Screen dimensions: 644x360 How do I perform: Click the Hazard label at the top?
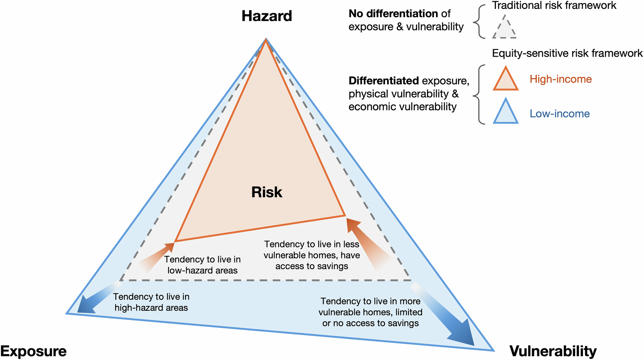pos(267,16)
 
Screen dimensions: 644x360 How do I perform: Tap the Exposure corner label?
pos(33,351)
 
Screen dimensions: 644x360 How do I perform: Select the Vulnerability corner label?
pos(553,351)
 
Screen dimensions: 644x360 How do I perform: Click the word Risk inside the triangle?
pos(267,192)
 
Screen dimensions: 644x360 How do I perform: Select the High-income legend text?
pos(560,79)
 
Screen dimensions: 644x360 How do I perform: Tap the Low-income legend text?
pos(559,114)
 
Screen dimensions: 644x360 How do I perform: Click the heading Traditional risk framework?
pos(554,6)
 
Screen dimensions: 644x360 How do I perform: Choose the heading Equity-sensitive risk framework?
pos(567,53)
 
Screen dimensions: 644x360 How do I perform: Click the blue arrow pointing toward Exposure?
pos(96,299)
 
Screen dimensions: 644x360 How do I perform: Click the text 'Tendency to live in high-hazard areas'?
pos(151,302)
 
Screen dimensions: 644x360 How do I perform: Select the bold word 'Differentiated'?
pos(383,81)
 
